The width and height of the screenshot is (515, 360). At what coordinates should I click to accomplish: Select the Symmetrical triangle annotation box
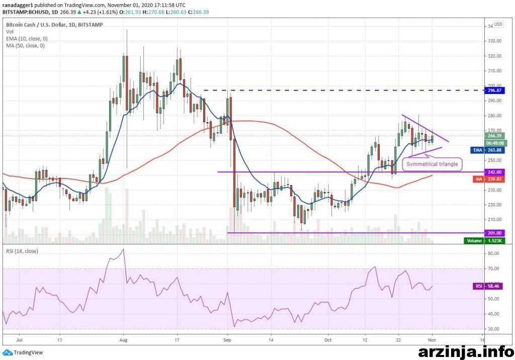click(x=432, y=164)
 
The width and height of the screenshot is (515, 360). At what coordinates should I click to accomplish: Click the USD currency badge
click(x=498, y=24)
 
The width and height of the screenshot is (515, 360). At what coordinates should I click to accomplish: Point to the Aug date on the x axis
click(x=123, y=340)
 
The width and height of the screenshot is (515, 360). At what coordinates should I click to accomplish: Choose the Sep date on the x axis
click(x=227, y=340)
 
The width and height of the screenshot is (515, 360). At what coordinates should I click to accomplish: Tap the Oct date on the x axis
click(x=328, y=340)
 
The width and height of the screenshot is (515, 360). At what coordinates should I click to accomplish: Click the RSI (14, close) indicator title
click(x=23, y=251)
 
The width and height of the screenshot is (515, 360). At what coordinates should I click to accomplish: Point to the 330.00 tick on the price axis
click(x=495, y=41)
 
